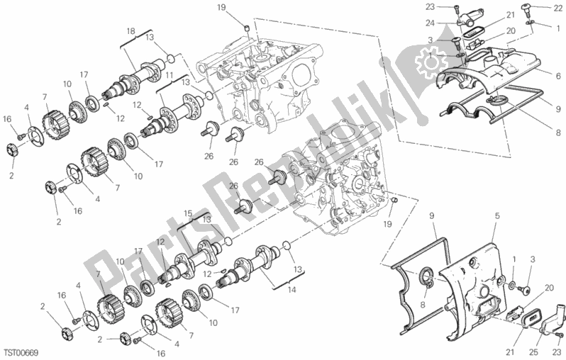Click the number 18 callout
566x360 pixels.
pos(130,31)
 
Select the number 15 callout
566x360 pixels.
pos(188,212)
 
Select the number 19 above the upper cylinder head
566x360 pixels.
pos(240,8)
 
